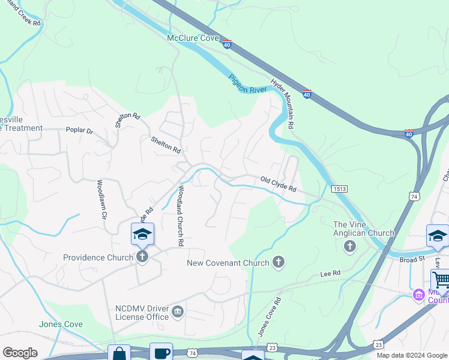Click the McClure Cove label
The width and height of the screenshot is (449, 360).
pos(192,38)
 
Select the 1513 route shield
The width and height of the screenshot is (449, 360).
pos(338,188)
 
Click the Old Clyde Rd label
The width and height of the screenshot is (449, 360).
pos(278,184)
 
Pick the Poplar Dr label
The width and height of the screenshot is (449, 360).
pos(79,130)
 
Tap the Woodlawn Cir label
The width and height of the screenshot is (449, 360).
pos(101,199)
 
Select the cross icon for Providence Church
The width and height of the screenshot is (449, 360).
pos(142,257)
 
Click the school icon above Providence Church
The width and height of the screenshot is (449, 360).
pos(142,233)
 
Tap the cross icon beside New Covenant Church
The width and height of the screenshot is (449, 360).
pos(278,262)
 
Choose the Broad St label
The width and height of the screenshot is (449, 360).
pos(412,259)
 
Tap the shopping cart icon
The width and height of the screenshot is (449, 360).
pos(441,279)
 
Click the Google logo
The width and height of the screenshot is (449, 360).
pos(20,353)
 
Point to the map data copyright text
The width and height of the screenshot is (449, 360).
pos(412,355)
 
